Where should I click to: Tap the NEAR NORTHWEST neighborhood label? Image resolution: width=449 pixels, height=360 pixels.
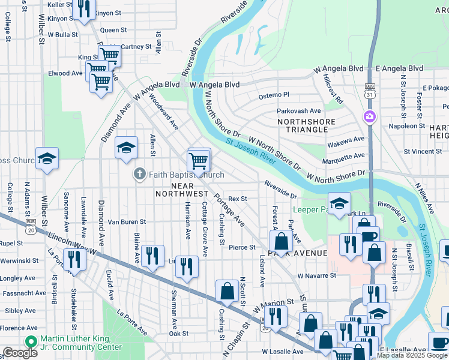click(x=181, y=190)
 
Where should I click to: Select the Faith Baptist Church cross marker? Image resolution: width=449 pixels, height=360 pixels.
click(x=139, y=175)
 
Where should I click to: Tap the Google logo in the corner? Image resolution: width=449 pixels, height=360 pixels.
click(x=20, y=353)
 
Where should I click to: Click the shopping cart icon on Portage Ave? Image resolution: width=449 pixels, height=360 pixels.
click(x=199, y=160)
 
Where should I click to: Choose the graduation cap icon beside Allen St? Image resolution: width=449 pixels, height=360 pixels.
click(x=127, y=148)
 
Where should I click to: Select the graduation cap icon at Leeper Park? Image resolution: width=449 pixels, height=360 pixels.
click(x=339, y=203)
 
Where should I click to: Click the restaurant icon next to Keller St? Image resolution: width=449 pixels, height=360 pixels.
click(x=83, y=8)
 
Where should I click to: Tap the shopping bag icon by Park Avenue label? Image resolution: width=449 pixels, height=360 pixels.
click(x=281, y=242)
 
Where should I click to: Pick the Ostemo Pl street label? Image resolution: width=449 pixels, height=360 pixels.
click(x=274, y=95)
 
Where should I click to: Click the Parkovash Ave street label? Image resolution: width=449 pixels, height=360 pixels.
click(x=298, y=111)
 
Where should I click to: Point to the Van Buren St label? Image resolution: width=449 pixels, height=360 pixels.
click(x=127, y=222)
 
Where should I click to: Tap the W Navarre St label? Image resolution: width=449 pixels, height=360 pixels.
click(x=317, y=275)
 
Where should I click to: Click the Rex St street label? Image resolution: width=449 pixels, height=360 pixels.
click(x=238, y=199)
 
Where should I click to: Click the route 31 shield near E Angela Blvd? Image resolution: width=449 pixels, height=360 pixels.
click(x=369, y=91)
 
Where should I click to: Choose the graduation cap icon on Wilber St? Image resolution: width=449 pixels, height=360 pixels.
click(x=47, y=158)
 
